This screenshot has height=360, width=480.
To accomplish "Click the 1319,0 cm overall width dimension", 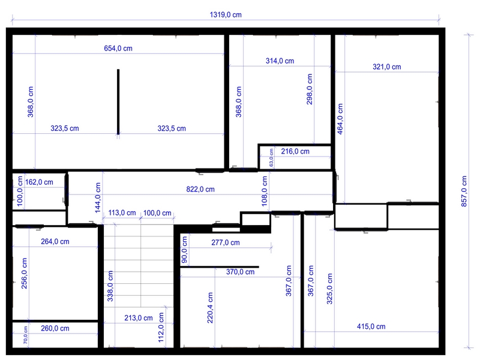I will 225,14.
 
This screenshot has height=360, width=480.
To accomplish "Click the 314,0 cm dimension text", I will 280,61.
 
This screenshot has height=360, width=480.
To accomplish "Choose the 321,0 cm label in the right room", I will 386,67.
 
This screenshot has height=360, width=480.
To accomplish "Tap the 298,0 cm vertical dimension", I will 310,89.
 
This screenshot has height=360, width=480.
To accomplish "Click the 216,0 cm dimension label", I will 295,152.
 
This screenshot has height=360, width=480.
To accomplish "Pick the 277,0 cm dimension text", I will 226,243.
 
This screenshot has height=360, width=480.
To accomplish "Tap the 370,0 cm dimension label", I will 240,272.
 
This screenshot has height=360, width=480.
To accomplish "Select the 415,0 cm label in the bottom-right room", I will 371,326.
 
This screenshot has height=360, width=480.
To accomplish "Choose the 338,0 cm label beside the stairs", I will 110,287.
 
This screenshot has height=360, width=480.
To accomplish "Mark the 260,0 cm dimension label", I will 55,328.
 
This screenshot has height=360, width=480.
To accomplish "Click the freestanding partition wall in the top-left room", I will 118,101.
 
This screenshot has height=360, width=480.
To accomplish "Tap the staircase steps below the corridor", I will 141,264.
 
